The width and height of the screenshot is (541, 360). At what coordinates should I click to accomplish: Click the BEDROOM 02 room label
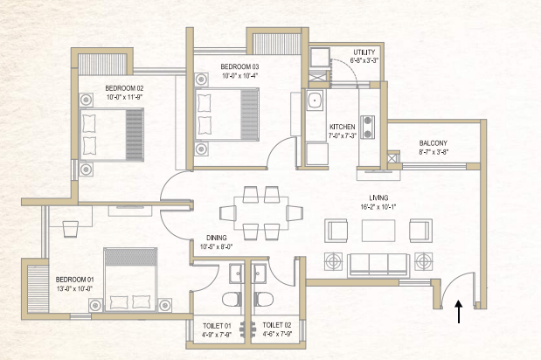(x=124, y=88)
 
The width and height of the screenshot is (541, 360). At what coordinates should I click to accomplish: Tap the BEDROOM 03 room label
(x=239, y=66)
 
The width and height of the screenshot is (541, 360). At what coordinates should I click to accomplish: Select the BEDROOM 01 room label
(x=74, y=280)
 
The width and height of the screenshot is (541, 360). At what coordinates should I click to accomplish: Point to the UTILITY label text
(x=363, y=52)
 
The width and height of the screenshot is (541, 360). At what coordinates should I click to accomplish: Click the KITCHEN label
(x=342, y=127)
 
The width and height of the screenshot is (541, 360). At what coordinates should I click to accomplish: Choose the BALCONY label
(x=433, y=143)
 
